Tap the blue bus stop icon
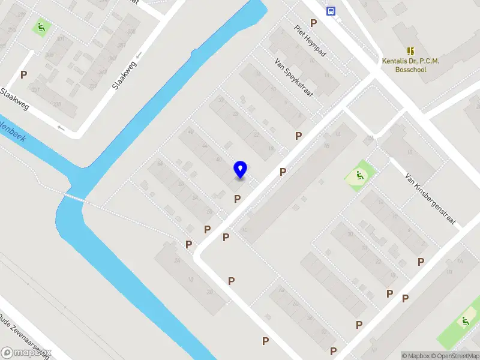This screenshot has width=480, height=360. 331,10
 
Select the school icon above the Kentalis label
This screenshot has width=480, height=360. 411,52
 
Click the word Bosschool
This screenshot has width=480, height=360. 411,70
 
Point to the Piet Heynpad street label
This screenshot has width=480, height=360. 310,41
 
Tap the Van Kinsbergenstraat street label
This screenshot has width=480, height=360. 431,200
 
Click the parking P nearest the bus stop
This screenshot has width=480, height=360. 313,23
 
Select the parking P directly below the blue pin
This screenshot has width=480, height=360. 238,199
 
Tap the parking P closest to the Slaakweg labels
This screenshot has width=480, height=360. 24,75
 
